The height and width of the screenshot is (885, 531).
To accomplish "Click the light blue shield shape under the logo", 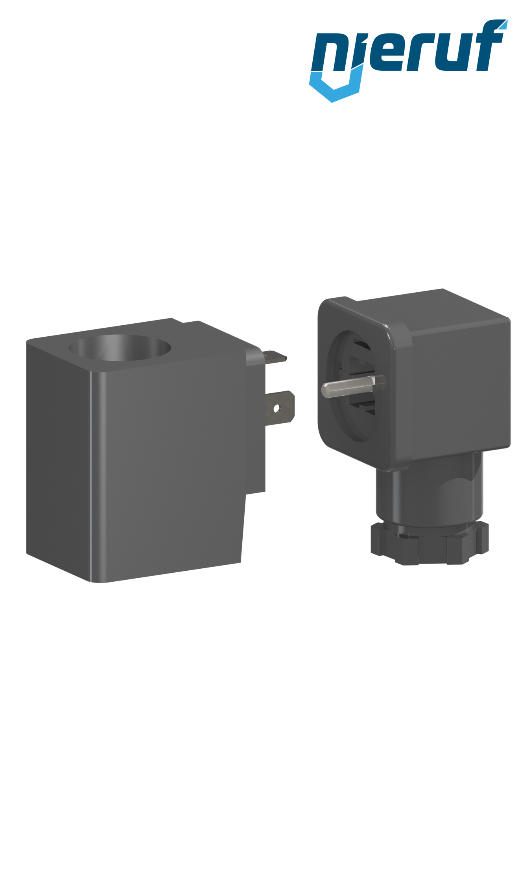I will (332, 88).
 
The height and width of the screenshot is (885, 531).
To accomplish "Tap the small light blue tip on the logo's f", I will (503, 24).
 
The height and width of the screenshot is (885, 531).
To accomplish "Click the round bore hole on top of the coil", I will (120, 347).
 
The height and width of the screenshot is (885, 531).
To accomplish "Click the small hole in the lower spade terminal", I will (277, 409).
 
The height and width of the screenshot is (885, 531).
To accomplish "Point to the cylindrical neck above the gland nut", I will (429, 492).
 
